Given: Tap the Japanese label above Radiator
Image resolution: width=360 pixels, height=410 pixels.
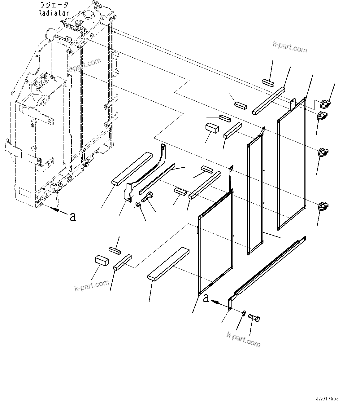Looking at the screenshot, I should click(x=54, y=5).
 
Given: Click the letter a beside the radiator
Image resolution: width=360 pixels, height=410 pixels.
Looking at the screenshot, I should click(x=72, y=217).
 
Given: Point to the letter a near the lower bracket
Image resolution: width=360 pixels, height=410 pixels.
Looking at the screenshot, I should click(x=206, y=298).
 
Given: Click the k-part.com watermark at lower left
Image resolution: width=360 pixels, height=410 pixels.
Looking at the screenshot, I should click(x=92, y=286).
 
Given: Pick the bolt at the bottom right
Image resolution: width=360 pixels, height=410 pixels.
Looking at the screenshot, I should click(x=254, y=318).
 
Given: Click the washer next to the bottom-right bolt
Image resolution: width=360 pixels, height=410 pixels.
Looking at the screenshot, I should click(x=244, y=314).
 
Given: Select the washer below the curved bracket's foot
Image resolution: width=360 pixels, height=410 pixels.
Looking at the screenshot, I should click(x=138, y=204).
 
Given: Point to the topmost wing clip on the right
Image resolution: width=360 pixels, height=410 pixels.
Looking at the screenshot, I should click(x=324, y=103).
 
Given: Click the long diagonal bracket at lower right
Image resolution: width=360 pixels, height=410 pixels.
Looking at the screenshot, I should click(x=266, y=270).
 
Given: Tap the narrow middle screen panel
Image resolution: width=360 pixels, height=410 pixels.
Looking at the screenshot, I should click(x=255, y=195).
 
